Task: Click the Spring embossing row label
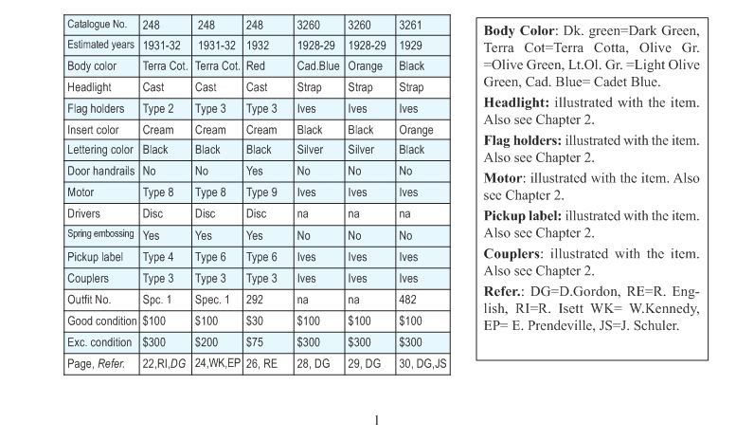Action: tap(99, 235)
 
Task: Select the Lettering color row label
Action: tap(100, 151)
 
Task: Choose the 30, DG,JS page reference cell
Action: tap(422, 363)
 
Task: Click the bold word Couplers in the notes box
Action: tap(511, 254)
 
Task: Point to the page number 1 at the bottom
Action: tap(376, 421)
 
